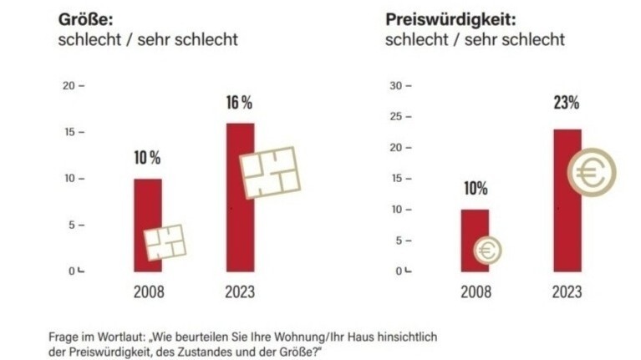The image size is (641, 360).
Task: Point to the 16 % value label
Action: pos(239,104)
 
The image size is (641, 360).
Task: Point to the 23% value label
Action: pos(566,104)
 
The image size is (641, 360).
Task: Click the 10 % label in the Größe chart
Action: pos(147,158)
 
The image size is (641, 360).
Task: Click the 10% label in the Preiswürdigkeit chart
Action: pos(476,188)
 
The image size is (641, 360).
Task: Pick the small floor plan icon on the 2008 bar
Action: pos(165,242)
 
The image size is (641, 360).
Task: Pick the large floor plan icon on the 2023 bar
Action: pos(269,171)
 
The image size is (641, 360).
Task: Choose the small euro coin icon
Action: pos(488,249)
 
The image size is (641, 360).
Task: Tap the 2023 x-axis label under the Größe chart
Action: pos(240,292)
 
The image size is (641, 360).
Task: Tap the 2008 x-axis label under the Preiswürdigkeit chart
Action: pos(476,292)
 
